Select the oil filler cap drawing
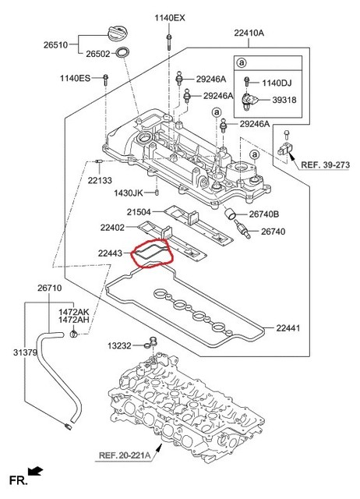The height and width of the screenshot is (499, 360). (x=115, y=34)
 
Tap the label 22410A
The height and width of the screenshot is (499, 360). (x=249, y=34)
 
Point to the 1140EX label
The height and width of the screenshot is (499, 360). (x=169, y=17)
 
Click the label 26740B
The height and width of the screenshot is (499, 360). (x=264, y=214)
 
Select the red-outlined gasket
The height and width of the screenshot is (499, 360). (x=154, y=255)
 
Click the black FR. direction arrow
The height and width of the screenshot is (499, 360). (x=34, y=470)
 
